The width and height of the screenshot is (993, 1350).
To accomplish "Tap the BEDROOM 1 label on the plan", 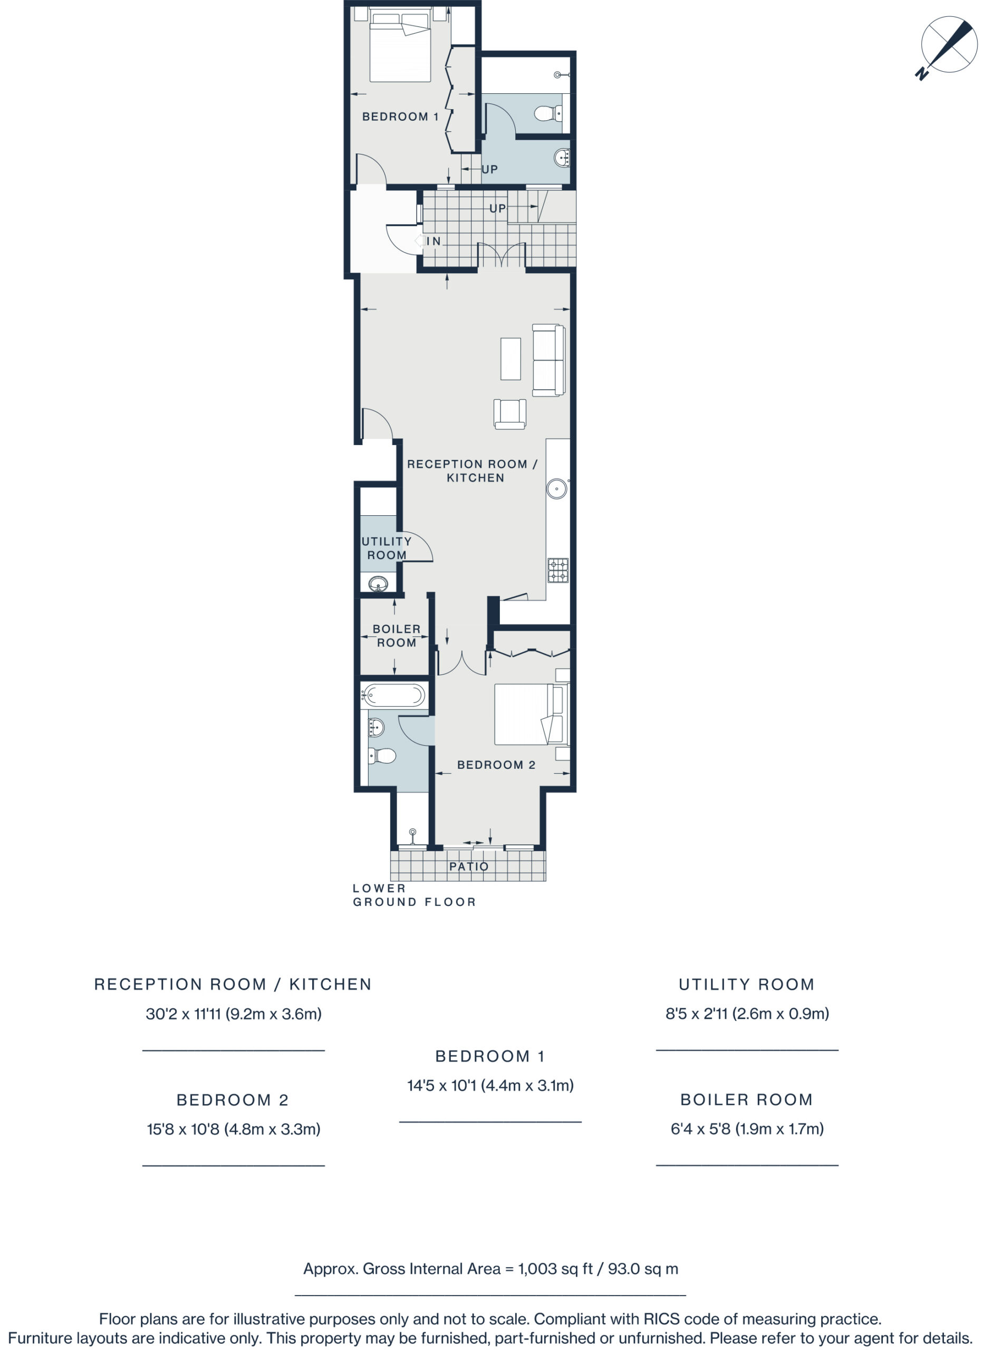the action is pyautogui.click(x=400, y=117).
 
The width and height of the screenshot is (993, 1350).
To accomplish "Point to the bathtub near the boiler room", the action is pyautogui.click(x=394, y=696).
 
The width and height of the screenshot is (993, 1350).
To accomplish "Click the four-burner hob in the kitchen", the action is pyautogui.click(x=558, y=571).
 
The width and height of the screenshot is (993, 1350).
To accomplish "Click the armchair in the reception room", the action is pyautogui.click(x=510, y=413).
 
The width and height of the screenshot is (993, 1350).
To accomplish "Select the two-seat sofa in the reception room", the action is pyautogui.click(x=549, y=360).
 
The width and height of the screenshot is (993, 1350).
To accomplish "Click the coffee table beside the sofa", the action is pyautogui.click(x=510, y=358).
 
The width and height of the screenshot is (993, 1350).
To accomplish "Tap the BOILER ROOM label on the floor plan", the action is pyautogui.click(x=396, y=635).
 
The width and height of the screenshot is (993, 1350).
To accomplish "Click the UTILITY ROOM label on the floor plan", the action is pyautogui.click(x=387, y=548).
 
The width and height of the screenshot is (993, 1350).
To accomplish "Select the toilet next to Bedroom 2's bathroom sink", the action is pyautogui.click(x=382, y=756).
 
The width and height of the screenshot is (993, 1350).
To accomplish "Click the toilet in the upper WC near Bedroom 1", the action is pyautogui.click(x=547, y=113).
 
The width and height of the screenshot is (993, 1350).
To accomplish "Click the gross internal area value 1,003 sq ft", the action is pyautogui.click(x=555, y=1268).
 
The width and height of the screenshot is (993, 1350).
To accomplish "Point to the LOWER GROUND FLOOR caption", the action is pyautogui.click(x=414, y=895).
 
